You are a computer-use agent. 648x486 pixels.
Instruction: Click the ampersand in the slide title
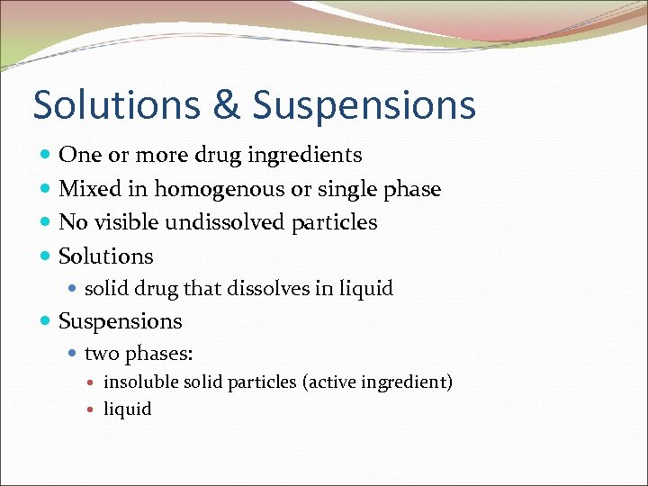click(x=228, y=105)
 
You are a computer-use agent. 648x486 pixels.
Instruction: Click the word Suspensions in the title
click(x=364, y=105)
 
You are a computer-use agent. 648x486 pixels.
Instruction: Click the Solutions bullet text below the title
click(x=106, y=256)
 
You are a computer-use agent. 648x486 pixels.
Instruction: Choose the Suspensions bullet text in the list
click(x=120, y=321)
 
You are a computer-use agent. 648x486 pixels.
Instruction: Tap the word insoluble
click(x=141, y=382)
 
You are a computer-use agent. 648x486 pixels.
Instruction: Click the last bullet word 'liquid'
click(x=128, y=409)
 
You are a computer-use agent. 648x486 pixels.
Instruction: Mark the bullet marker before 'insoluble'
click(x=94, y=382)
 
